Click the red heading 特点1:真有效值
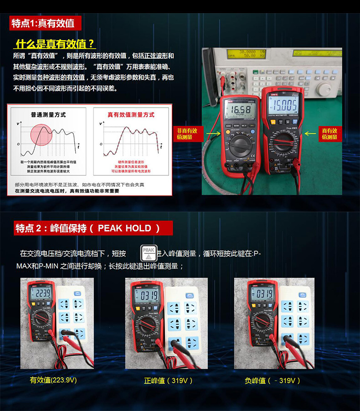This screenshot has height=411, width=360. tap(42, 23)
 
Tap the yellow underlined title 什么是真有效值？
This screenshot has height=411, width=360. tap(55, 44)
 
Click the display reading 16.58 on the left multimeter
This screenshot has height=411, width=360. tap(240, 109)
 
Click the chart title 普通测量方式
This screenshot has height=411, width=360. tap(48, 114)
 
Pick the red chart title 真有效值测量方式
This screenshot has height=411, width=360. tap(131, 114)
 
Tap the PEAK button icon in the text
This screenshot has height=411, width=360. tap(148, 252)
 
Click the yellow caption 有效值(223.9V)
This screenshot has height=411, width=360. tap(53, 380)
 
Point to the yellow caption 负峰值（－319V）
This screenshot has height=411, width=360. tap(273, 380)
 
